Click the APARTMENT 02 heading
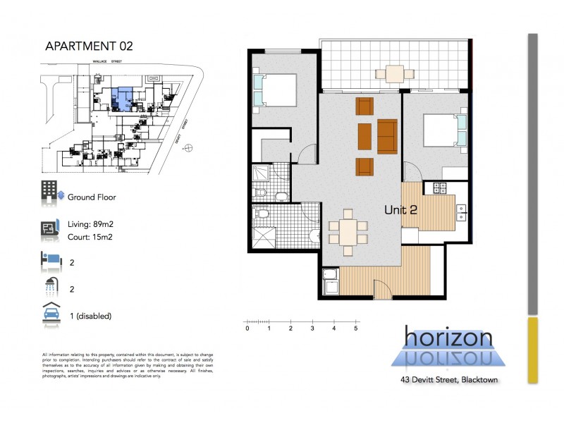click(88, 47)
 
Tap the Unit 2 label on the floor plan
click(401, 209)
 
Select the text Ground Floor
click(92, 197)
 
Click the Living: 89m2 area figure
click(94, 224)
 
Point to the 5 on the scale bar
click(357, 329)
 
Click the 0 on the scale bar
click(247, 329)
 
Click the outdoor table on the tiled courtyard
click(389, 72)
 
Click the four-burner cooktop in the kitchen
click(441, 188)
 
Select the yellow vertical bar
click(532, 350)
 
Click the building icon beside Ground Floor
click(49, 190)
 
